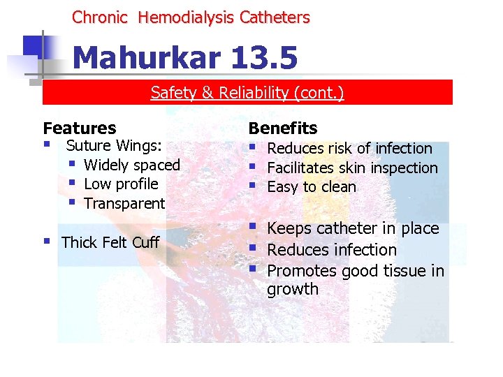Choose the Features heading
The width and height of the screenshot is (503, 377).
(x=80, y=128)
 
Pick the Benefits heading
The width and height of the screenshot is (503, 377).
(x=283, y=128)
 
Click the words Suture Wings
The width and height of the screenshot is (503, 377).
(x=114, y=146)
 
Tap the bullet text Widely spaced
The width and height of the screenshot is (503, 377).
(x=132, y=165)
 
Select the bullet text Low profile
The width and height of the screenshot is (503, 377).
(x=121, y=184)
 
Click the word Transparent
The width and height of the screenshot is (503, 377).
(x=124, y=204)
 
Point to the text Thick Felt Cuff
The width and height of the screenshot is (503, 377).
(x=110, y=243)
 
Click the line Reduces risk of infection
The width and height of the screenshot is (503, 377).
(x=349, y=149)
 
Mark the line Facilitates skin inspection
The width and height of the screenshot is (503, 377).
(x=352, y=168)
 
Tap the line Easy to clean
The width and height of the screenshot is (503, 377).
(x=312, y=187)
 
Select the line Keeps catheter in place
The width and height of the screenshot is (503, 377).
(x=353, y=229)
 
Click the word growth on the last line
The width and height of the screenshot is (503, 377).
(x=293, y=289)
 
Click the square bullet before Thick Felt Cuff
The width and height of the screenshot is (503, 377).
(x=47, y=242)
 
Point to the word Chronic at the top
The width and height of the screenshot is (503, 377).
(x=100, y=17)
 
